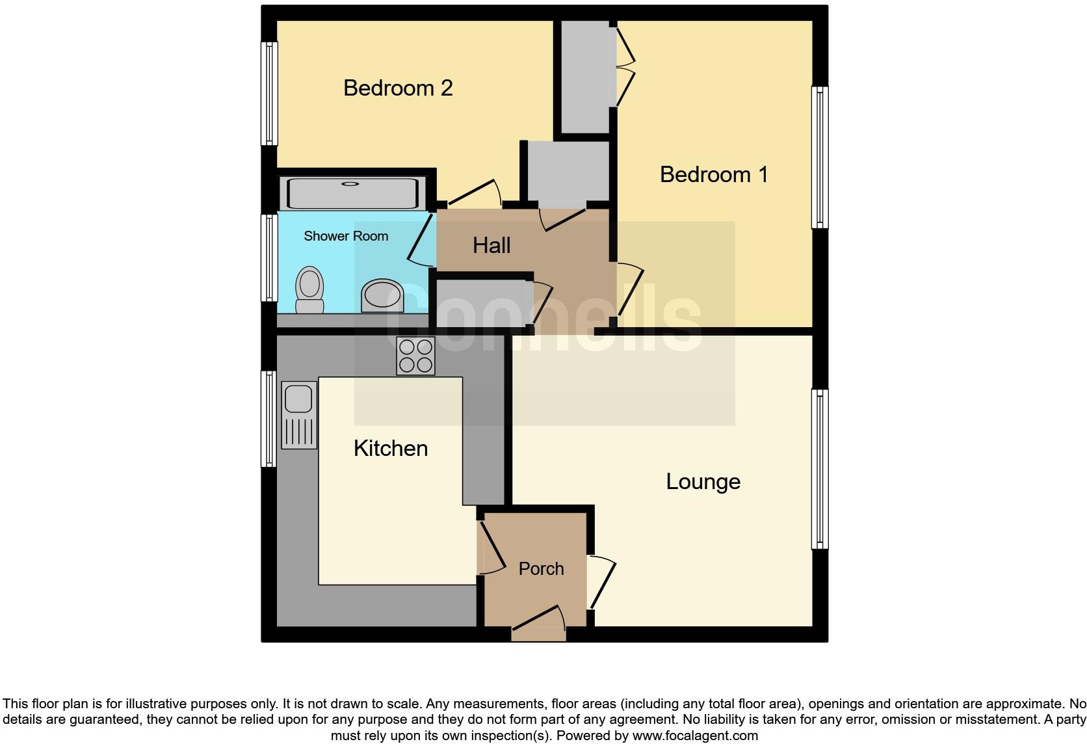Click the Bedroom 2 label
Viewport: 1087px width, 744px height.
coord(398,88)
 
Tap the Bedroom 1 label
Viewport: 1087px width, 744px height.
coord(714,174)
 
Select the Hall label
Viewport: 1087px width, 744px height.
coord(491,245)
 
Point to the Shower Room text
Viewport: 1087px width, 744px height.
coord(346,236)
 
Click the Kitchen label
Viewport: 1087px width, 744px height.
coord(391,448)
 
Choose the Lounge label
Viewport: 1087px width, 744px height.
coord(703,481)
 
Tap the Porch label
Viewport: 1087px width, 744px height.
coord(541,568)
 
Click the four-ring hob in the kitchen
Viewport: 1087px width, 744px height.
coord(416,356)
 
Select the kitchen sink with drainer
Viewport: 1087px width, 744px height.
coord(299,415)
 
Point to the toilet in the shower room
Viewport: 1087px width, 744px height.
coord(310,290)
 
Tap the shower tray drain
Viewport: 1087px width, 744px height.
coord(351,184)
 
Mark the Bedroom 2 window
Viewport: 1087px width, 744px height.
coord(268,94)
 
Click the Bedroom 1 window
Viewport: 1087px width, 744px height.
coord(820,157)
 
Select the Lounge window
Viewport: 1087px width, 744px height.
coord(820,469)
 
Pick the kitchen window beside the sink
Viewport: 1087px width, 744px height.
coord(268,419)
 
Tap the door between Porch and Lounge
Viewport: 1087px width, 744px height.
coord(600,581)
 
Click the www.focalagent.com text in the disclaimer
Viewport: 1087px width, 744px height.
coord(694,736)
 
